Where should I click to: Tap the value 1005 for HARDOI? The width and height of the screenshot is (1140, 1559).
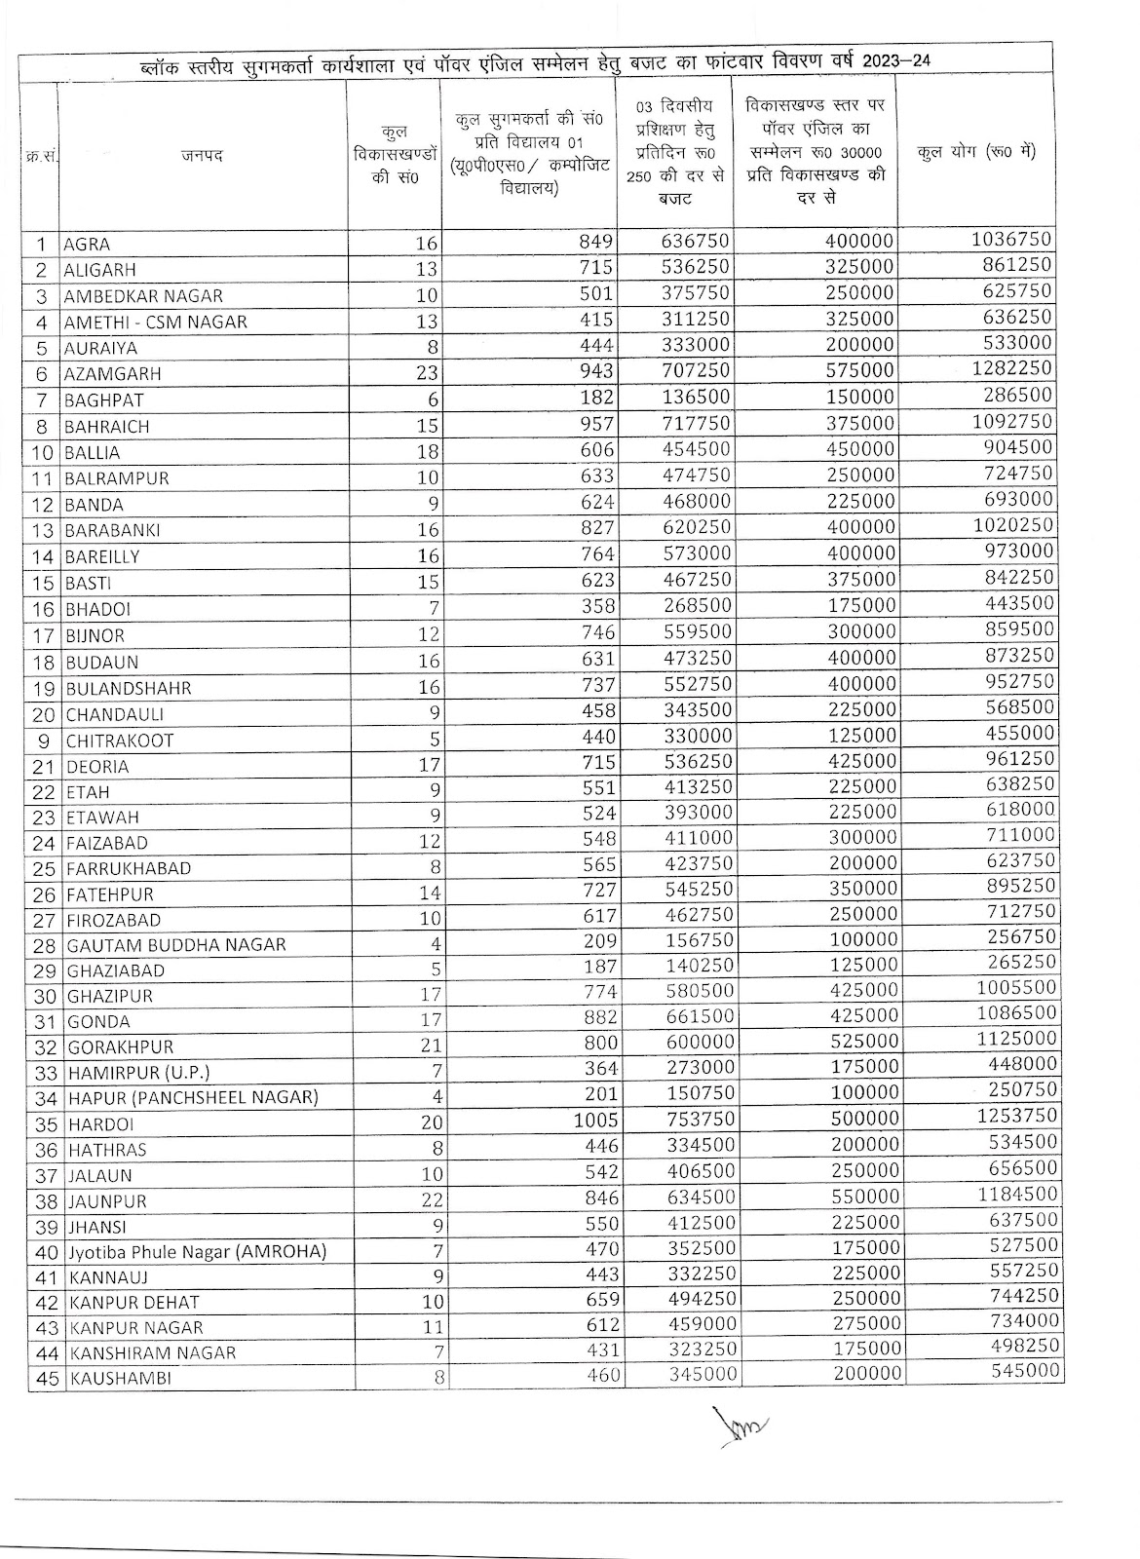click(595, 1120)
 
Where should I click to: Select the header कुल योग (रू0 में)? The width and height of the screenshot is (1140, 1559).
click(976, 152)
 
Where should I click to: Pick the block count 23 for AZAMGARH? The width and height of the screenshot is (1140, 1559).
click(429, 373)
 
